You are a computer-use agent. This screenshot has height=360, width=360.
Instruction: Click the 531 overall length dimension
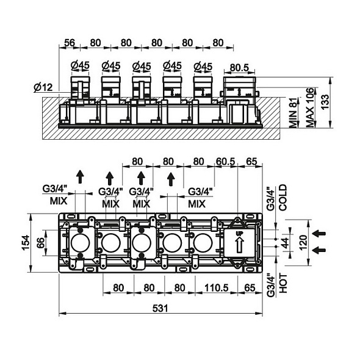point(160,308)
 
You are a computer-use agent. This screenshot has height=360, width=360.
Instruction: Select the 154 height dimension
point(26,243)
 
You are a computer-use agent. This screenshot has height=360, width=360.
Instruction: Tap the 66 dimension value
point(40,243)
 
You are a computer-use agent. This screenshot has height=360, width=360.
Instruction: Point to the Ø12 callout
point(43,87)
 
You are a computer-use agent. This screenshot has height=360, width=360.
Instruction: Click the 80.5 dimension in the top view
point(239,68)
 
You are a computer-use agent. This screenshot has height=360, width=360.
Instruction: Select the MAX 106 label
point(310,107)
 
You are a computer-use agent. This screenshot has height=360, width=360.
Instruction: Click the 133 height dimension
point(325,102)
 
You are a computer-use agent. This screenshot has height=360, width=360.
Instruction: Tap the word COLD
point(283,198)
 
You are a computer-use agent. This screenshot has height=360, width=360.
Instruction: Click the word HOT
point(283,284)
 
